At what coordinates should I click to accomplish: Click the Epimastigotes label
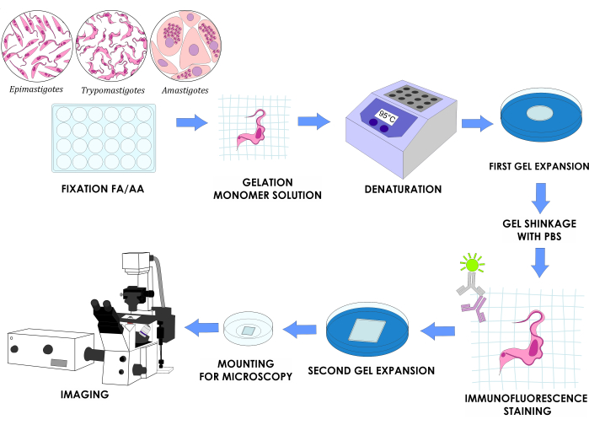36,89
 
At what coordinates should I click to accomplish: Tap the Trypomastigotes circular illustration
111,46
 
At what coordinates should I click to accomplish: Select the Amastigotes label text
185,90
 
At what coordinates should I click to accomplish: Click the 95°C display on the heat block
387,117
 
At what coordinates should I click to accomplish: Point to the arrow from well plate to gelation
191,122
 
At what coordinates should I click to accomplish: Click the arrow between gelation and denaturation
313,121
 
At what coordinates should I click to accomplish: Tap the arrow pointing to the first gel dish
477,123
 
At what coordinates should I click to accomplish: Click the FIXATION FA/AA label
103,189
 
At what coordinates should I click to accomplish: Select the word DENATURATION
403,189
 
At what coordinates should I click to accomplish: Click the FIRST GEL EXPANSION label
538,166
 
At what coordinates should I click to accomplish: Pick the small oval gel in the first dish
539,113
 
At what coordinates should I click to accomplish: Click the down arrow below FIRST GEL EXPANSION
540,198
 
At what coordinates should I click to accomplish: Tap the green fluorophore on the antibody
472,264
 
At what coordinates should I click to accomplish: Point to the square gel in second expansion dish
367,331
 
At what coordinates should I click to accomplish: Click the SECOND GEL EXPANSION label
371,370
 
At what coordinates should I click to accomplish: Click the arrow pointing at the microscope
201,327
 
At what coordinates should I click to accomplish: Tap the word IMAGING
85,394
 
